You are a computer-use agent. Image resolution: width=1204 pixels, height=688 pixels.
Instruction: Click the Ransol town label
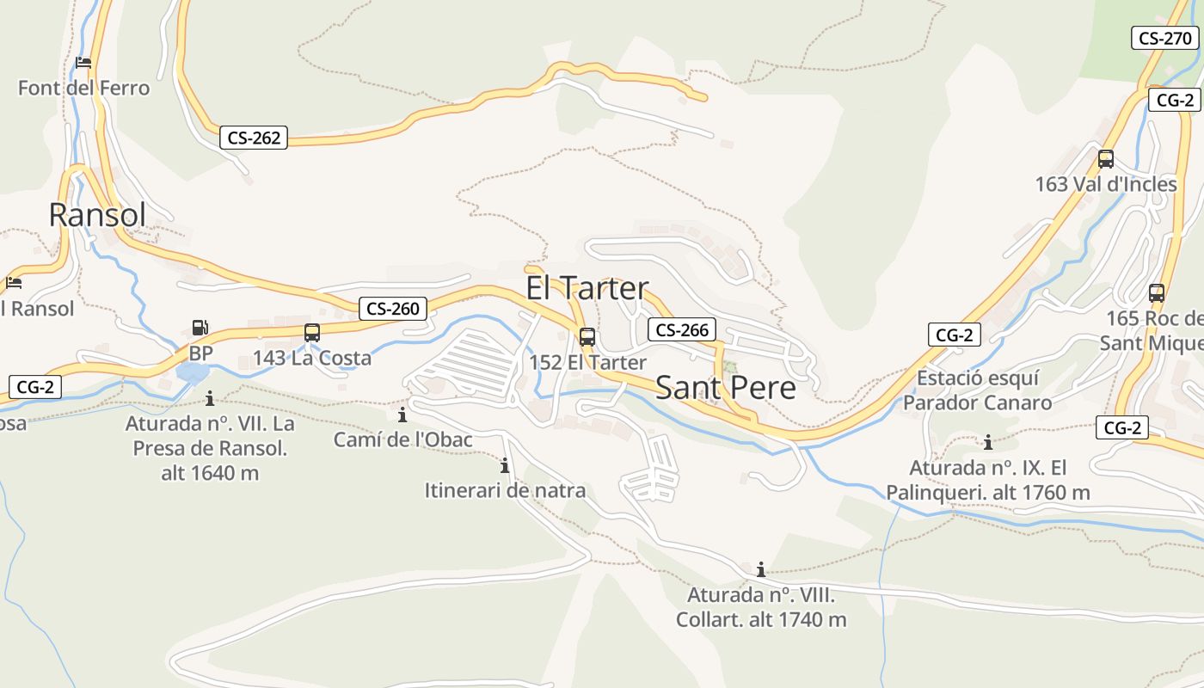[x=97, y=215]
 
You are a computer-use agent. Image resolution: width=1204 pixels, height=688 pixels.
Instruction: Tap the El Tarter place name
[x=587, y=288]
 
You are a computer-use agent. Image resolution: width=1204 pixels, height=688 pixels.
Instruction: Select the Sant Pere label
[x=726, y=388]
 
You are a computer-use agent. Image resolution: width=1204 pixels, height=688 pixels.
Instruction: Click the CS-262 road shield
[x=254, y=138]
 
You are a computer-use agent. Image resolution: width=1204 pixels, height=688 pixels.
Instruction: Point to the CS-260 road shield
[x=393, y=309]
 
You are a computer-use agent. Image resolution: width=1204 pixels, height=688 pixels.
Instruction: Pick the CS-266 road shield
[x=682, y=329]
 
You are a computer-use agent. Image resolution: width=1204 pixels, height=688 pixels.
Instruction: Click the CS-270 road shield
[x=1164, y=38]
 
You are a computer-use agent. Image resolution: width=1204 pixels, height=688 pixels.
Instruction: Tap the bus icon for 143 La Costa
[x=312, y=333]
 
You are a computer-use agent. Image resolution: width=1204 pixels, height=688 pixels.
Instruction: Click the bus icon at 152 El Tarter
[x=587, y=337]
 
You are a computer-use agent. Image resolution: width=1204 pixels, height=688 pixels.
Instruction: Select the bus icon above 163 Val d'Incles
[x=1106, y=159]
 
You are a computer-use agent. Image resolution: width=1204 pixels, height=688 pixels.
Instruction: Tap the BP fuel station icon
[x=200, y=328]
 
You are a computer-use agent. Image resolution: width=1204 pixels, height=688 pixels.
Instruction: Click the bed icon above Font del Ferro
[x=83, y=63]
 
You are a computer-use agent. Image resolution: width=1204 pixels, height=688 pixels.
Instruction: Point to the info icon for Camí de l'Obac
[x=402, y=415]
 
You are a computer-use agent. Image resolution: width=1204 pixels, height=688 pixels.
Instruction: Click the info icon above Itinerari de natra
[x=505, y=466]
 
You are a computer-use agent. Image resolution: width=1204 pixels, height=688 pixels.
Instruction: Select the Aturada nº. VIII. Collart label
[x=761, y=607]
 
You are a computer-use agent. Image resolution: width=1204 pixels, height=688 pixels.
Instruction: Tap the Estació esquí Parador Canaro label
[x=977, y=390]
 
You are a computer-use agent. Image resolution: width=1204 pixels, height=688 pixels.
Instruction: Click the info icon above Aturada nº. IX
[x=988, y=443]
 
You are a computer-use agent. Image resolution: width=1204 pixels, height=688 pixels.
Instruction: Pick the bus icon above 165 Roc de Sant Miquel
[x=1157, y=293]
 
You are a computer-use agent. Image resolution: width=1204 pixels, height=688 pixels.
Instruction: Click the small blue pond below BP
[x=193, y=372]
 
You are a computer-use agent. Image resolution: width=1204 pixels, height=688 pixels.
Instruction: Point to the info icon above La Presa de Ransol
[x=210, y=398]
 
